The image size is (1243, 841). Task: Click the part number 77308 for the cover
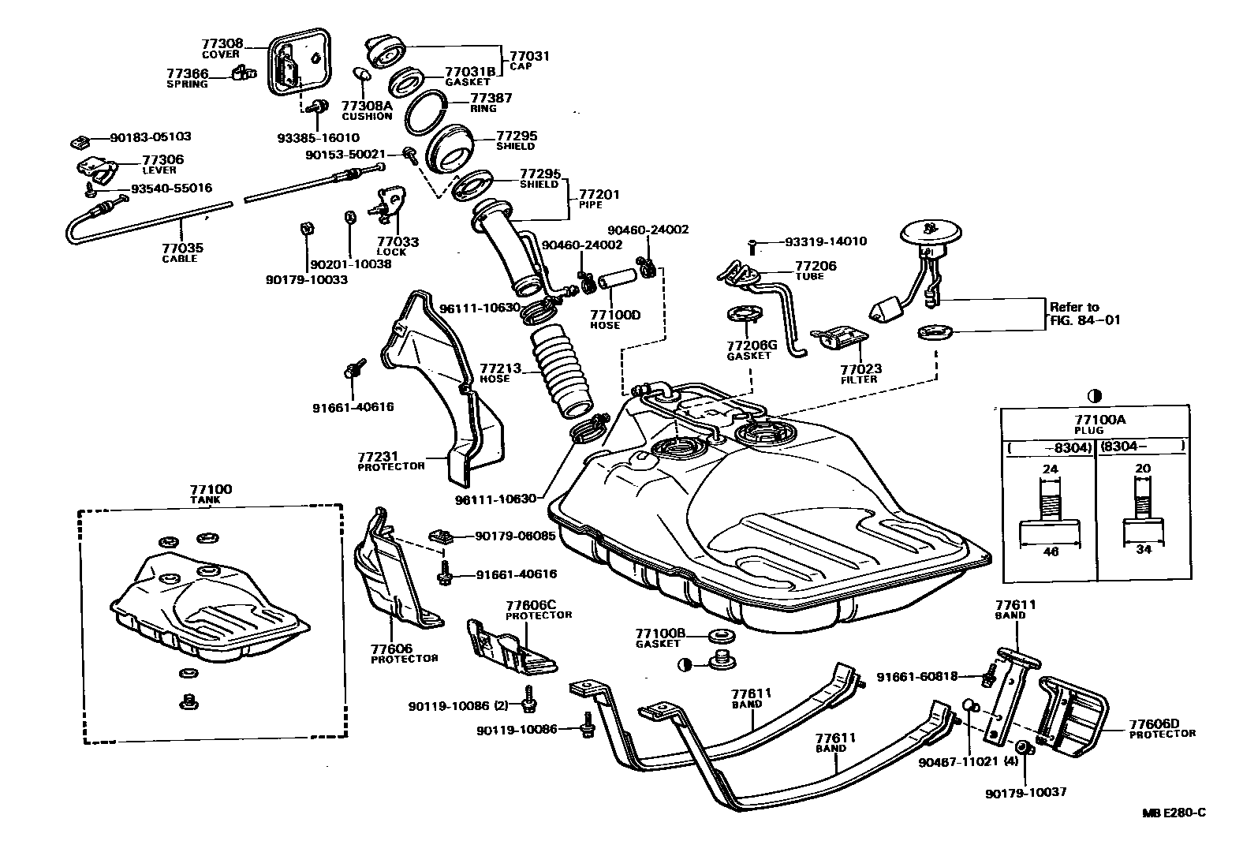point(222,43)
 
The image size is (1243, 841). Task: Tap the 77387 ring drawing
point(426,113)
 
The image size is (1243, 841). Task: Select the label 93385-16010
point(319,138)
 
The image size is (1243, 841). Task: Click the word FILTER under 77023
point(858,379)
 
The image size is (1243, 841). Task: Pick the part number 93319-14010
point(826,241)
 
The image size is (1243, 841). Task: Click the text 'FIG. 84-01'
point(1084,320)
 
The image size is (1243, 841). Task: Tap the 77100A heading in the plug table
point(1100,420)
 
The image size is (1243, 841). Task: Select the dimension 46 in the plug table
point(1051,551)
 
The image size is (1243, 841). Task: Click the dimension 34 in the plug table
point(1144,550)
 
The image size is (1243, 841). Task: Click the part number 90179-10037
point(1026,793)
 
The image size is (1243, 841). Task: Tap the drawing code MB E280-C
point(1174,813)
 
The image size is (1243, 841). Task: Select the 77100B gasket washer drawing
point(721,634)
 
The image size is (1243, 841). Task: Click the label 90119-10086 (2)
point(458,706)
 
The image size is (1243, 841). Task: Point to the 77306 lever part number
point(162,160)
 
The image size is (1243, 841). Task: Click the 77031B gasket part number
point(470,72)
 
